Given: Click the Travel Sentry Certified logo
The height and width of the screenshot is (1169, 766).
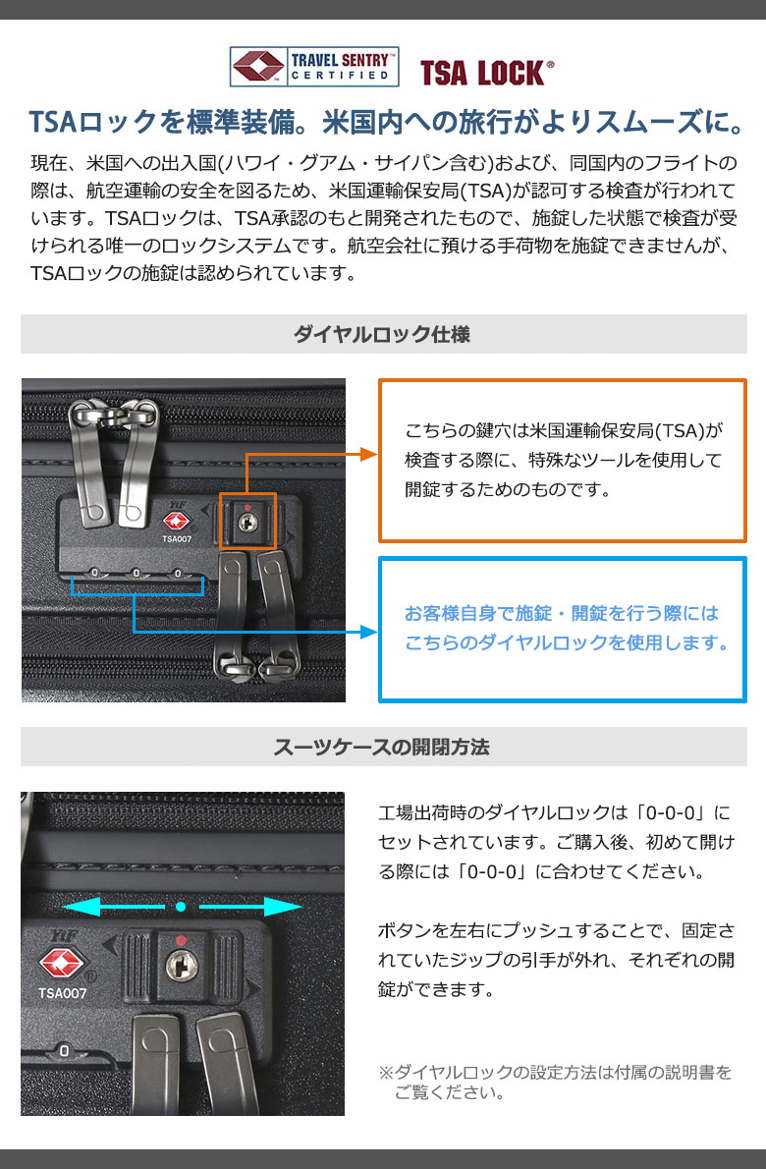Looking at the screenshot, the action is pyautogui.click(x=314, y=67).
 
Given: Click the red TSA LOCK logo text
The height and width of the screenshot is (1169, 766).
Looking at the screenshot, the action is pyautogui.click(x=487, y=73).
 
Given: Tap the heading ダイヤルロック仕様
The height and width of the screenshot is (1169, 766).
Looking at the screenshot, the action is pyautogui.click(x=382, y=334).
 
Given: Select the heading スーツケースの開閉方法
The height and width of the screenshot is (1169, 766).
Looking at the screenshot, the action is pyautogui.click(x=381, y=747).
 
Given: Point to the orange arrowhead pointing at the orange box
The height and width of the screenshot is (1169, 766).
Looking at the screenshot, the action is pyautogui.click(x=369, y=454).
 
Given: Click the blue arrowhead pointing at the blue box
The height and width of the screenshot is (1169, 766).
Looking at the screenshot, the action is pyautogui.click(x=369, y=633).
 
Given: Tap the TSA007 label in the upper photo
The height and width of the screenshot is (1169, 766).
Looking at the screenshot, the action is pyautogui.click(x=177, y=539).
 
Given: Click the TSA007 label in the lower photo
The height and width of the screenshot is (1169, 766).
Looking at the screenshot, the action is pyautogui.click(x=63, y=993).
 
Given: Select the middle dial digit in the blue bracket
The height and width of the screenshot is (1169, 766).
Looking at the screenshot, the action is pyautogui.click(x=136, y=574).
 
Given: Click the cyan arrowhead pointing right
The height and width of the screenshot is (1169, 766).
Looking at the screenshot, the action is pyautogui.click(x=283, y=907).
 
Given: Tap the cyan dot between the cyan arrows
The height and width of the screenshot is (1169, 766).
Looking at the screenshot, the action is pyautogui.click(x=181, y=907).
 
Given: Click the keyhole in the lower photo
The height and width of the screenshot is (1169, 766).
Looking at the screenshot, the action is pyautogui.click(x=181, y=967).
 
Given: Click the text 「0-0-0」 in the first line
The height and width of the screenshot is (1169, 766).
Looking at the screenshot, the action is pyautogui.click(x=669, y=811).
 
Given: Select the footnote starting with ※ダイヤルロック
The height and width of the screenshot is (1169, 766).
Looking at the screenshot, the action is pyautogui.click(x=555, y=1083).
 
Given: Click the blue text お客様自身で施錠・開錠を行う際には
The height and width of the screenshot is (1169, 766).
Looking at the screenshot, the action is pyautogui.click(x=562, y=613).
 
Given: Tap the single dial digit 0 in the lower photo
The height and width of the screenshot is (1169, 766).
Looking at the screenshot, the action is pyautogui.click(x=64, y=1050).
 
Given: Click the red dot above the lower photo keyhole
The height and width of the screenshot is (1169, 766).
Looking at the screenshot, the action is pyautogui.click(x=181, y=940).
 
